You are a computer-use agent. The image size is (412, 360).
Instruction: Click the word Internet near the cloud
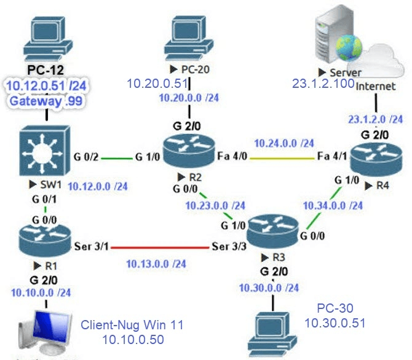coord(376,87)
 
